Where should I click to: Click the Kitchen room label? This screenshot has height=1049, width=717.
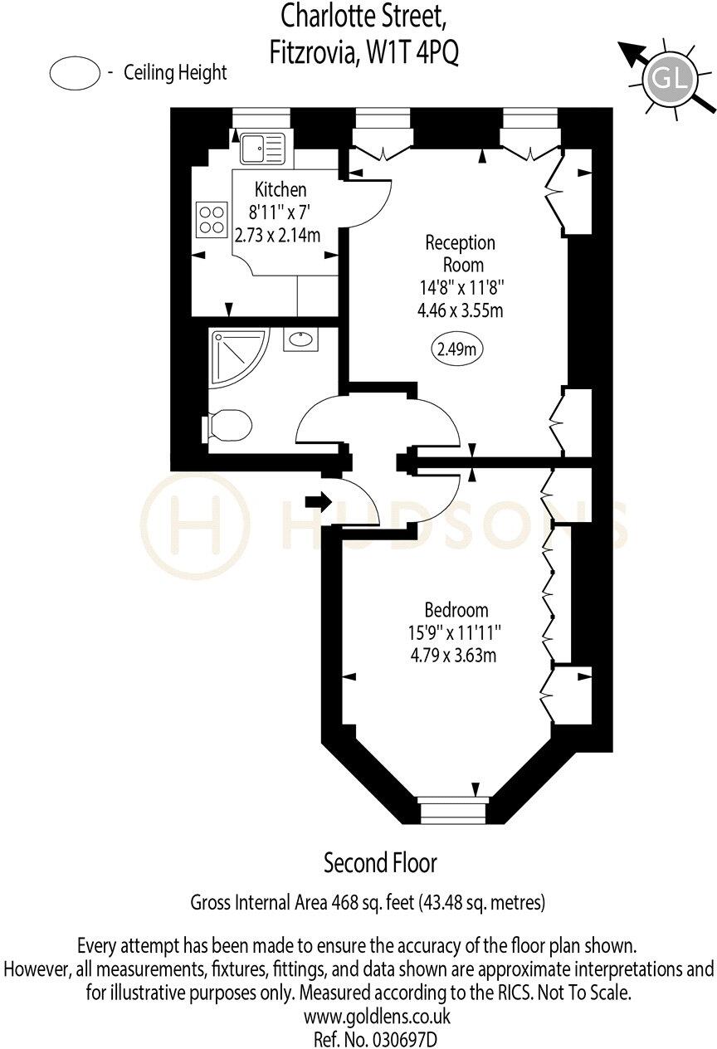(x=280, y=190)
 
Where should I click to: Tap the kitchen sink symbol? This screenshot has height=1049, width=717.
(x=263, y=148)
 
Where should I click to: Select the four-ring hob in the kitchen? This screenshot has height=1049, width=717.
(x=212, y=220)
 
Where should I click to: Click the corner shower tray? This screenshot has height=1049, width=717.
(x=239, y=359)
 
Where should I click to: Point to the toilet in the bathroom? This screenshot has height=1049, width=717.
(x=227, y=426)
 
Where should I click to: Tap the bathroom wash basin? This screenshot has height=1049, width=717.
(x=300, y=339)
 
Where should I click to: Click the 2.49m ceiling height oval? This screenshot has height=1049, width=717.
(x=456, y=349)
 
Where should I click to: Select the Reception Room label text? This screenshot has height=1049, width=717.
(x=461, y=254)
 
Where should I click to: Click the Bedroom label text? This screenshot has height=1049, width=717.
(x=456, y=610)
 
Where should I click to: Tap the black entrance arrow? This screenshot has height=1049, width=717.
(x=319, y=501)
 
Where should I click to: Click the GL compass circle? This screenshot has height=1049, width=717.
(x=670, y=81)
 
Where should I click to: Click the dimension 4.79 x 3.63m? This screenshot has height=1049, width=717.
(x=453, y=656)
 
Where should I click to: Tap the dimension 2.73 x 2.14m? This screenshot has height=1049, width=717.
(x=277, y=235)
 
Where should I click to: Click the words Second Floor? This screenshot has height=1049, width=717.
(x=380, y=863)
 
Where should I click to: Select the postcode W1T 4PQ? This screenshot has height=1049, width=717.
(x=412, y=52)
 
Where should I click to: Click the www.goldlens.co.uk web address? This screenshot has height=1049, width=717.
(x=377, y=1017)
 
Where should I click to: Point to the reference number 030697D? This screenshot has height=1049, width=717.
(x=405, y=1040)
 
